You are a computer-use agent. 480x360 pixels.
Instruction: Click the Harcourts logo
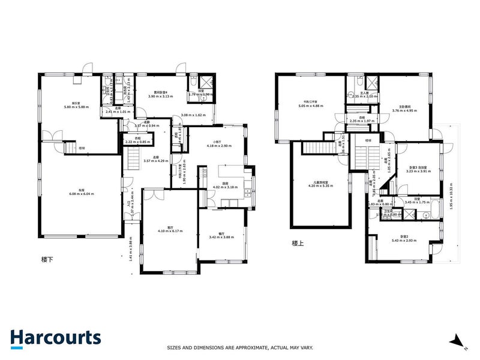[x=55, y=337]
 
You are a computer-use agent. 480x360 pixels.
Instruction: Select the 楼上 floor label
[x=298, y=243]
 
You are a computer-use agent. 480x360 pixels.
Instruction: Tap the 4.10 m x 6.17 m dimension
[x=170, y=230]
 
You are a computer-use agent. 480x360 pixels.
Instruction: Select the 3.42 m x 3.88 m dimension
[x=221, y=238]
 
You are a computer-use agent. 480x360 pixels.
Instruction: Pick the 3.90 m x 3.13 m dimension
[x=160, y=96]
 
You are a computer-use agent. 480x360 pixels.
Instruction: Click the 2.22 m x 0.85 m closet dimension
[x=137, y=142]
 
